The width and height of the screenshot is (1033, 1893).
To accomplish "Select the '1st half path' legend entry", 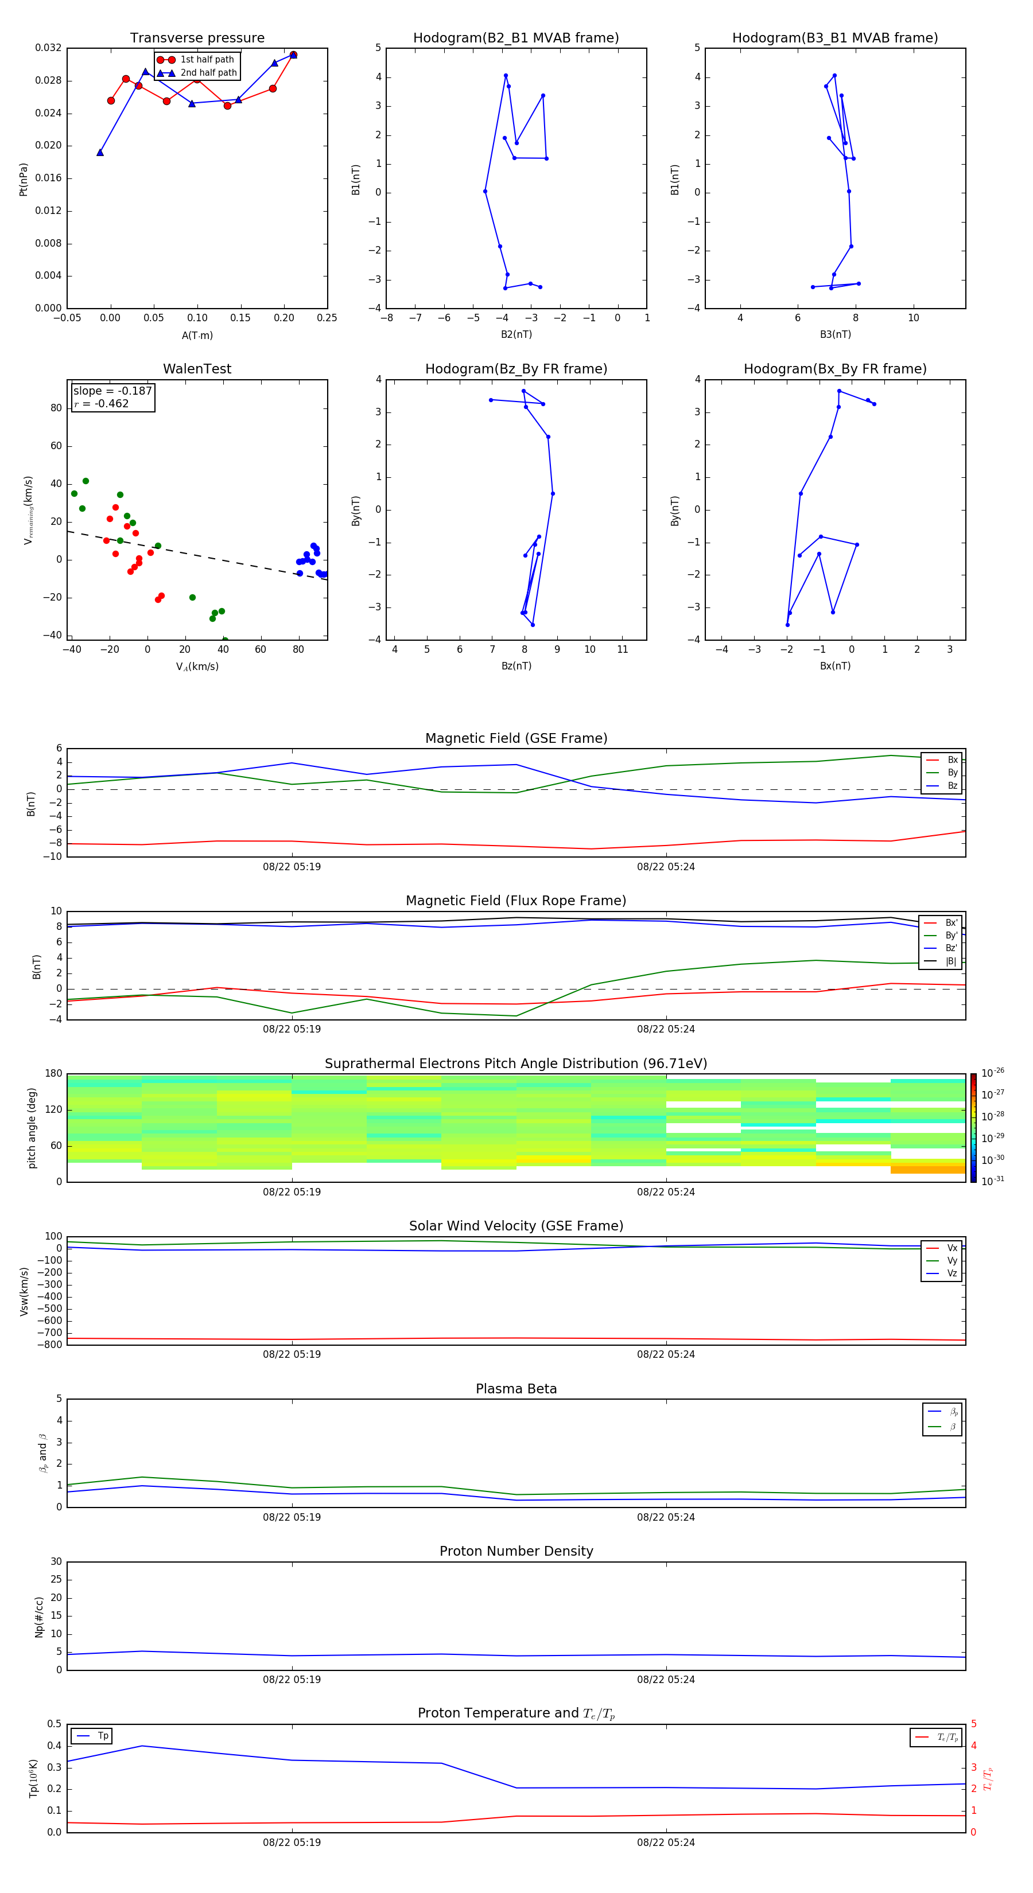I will coord(207,60).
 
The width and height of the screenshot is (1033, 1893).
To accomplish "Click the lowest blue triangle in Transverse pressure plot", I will coord(100,153).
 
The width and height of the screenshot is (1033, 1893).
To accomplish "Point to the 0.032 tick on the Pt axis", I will coord(49,48).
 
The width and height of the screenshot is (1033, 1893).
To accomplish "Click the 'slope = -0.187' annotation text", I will coord(112,391).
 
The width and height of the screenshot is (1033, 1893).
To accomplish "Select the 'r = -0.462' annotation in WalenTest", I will coord(102,403).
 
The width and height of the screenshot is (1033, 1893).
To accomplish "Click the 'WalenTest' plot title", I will coord(197,369).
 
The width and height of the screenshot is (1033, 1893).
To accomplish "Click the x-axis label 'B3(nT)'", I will coord(835,334).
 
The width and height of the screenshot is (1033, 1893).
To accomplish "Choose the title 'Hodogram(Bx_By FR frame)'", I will coord(834,369).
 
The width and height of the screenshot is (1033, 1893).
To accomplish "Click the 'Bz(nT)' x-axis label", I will coord(516,666).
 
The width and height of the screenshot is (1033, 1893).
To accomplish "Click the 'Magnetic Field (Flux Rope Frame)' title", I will coord(515,901).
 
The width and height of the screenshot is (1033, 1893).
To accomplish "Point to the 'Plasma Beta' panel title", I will coord(515,1389).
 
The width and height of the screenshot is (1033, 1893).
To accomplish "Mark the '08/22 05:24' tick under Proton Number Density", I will coord(665,1679).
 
